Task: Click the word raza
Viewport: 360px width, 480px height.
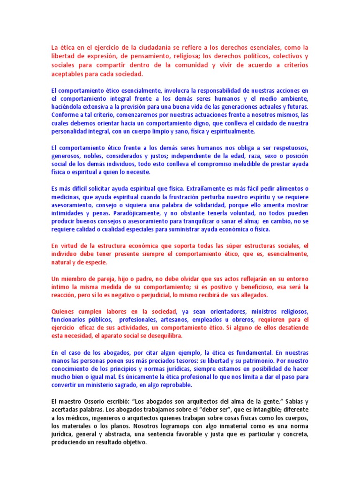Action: click(x=244, y=157)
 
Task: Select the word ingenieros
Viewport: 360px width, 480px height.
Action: click(x=107, y=418)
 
